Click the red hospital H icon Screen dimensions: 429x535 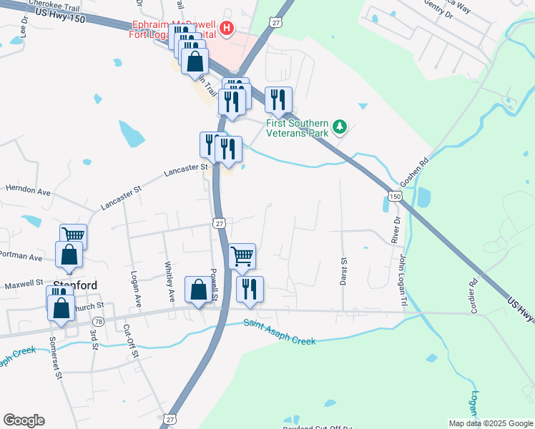227,29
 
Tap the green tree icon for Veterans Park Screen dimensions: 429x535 340,127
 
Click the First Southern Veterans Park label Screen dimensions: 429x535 297,127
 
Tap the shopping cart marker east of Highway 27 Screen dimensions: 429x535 242,256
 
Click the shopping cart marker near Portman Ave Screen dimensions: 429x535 73,235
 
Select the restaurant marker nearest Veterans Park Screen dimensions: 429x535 278,100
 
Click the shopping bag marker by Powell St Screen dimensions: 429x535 199,290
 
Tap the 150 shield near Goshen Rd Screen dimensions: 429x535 394,195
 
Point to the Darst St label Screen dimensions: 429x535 343,272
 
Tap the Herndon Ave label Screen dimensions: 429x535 28,192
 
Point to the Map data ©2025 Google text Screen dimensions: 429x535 490,423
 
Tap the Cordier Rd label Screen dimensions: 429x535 473,291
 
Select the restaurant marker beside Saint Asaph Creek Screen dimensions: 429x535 250,289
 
